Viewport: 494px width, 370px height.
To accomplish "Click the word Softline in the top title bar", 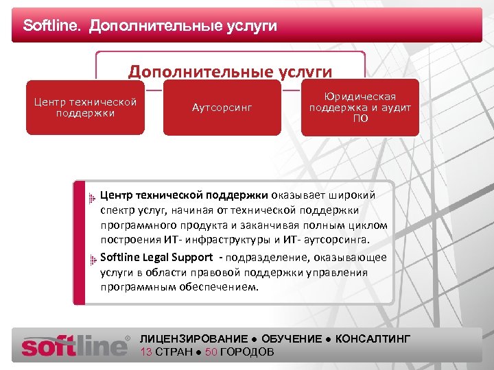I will point(51,26).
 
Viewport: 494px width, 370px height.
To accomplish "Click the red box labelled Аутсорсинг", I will point(222,108).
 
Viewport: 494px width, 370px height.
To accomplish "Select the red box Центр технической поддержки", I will point(85,108).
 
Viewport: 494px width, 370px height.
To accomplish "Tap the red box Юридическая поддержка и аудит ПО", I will point(360,108).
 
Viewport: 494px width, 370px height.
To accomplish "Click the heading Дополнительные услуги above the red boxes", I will point(231,71).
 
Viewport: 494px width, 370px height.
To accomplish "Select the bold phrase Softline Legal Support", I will point(156,257).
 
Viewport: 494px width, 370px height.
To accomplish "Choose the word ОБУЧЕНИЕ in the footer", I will point(292,339).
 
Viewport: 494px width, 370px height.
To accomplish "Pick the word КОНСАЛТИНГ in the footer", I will point(373,339).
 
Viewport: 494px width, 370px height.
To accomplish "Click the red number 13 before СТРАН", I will point(146,351).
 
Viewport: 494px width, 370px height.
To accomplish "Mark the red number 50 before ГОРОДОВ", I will point(211,351).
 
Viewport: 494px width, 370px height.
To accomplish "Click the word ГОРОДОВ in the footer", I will point(247,351).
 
